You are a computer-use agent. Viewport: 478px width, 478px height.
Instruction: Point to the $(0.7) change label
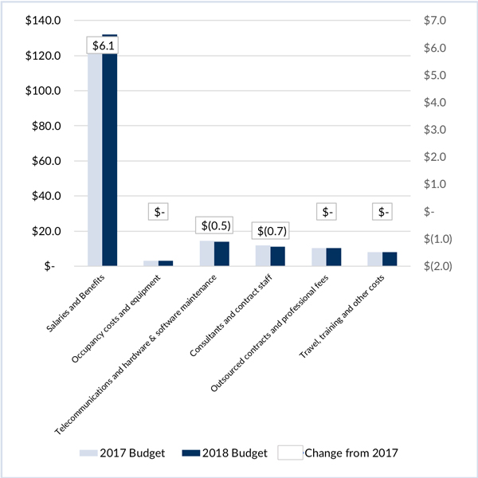(270, 231)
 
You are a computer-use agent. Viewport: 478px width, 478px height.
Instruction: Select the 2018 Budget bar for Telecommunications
(222, 253)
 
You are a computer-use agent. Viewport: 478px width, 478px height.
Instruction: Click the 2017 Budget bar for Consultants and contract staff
(263, 256)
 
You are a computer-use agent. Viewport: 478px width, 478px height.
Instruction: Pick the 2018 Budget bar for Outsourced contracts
(334, 257)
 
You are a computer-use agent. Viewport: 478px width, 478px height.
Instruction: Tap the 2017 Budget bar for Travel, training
(375, 259)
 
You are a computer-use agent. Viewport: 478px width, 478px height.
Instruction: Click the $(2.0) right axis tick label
(437, 266)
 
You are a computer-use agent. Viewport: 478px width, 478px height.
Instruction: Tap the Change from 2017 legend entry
(339, 453)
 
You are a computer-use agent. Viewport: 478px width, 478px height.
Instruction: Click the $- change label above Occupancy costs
(160, 212)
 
